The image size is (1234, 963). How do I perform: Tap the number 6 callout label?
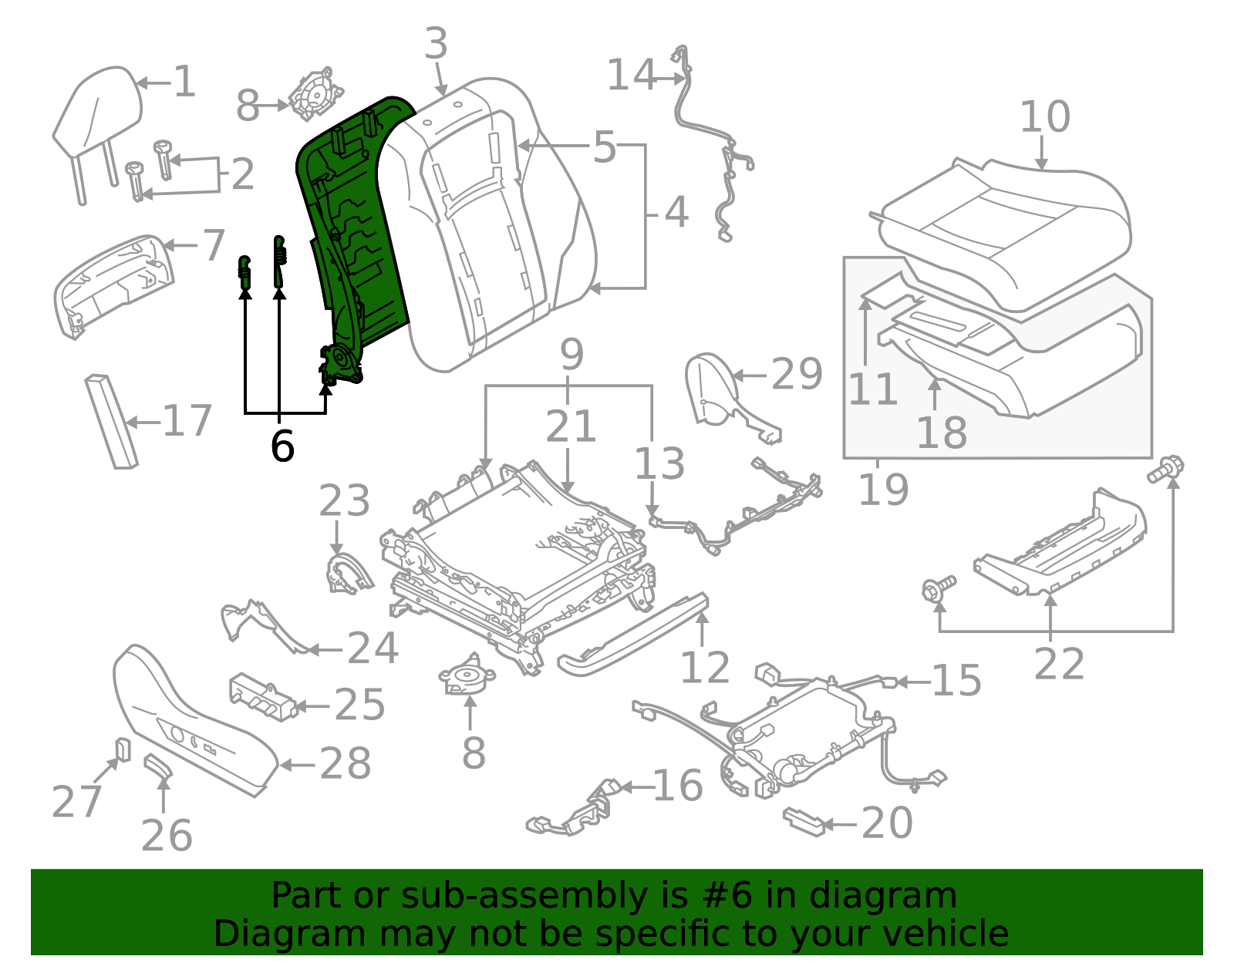[282, 446]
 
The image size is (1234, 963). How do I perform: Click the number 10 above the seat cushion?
[1045, 117]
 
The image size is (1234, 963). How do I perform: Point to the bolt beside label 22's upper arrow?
[1165, 469]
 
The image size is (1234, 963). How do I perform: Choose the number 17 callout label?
[187, 421]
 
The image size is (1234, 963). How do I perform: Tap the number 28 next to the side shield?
[346, 764]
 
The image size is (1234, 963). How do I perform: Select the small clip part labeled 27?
[123, 749]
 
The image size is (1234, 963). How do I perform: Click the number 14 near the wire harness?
[632, 76]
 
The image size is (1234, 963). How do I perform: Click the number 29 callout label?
[797, 375]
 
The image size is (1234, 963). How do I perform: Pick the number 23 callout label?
[344, 501]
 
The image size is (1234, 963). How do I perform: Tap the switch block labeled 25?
[262, 696]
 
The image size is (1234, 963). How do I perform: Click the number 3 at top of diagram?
[436, 43]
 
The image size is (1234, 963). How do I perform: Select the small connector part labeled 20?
[803, 822]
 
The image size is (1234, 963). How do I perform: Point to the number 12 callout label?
[704, 668]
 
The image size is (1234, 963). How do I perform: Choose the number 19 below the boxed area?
[884, 490]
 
